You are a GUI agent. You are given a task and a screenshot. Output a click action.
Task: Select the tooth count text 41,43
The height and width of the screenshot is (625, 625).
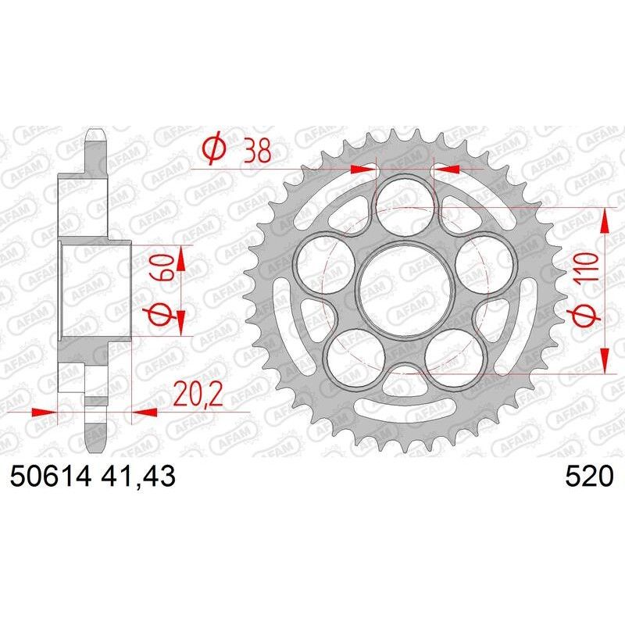pyautogui.click(x=136, y=475)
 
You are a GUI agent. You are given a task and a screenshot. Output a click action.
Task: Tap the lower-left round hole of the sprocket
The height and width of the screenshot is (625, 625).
pyautogui.click(x=356, y=356)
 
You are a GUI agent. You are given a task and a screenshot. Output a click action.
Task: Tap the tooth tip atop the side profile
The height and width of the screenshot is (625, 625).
pyautogui.click(x=96, y=130)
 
